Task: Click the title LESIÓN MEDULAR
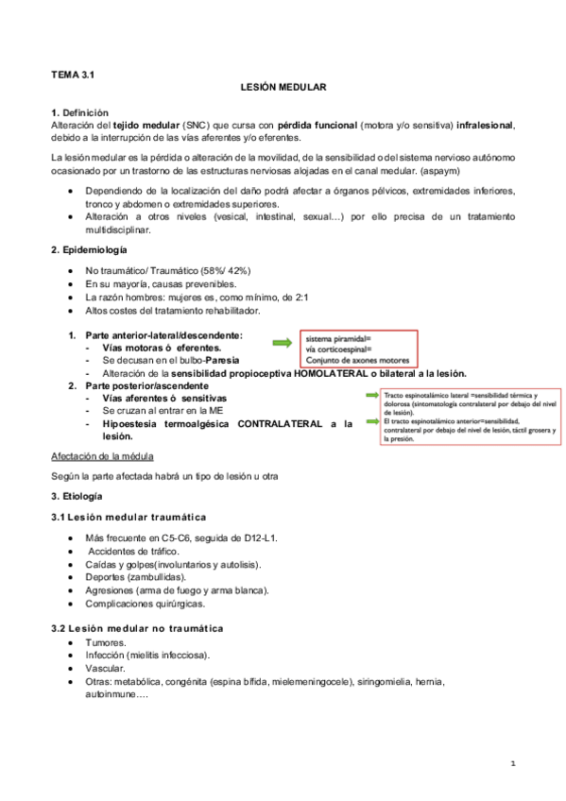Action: [283, 87]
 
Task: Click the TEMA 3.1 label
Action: [72, 72]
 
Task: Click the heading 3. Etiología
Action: [78, 496]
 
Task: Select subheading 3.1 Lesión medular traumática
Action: [129, 517]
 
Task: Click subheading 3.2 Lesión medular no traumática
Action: [137, 628]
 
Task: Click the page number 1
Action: [511, 761]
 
